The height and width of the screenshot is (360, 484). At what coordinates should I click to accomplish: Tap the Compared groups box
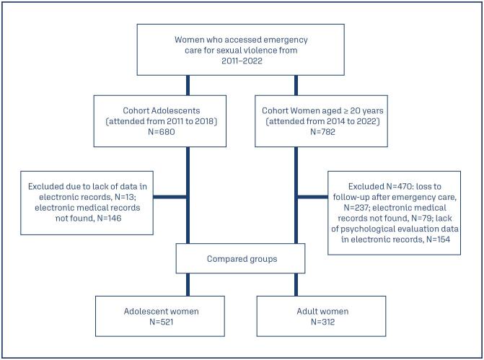(x=241, y=258)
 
